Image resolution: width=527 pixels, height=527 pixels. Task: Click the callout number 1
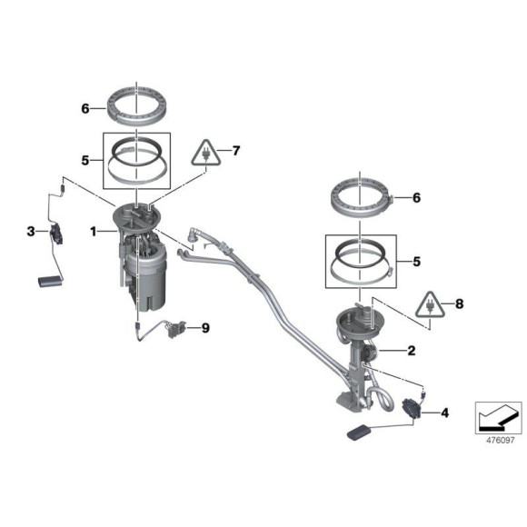[x=93, y=233]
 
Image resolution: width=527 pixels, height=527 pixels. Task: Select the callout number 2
[x=411, y=350]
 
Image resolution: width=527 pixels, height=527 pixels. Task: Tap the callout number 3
[x=30, y=233]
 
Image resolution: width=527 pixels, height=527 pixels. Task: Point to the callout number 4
[x=444, y=413]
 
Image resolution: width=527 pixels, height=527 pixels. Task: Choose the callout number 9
[x=205, y=328]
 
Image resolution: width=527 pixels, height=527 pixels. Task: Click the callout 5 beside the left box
[x=85, y=160]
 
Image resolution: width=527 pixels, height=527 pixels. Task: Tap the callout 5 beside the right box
[x=417, y=261]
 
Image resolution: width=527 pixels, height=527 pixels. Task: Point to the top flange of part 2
[x=360, y=318]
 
